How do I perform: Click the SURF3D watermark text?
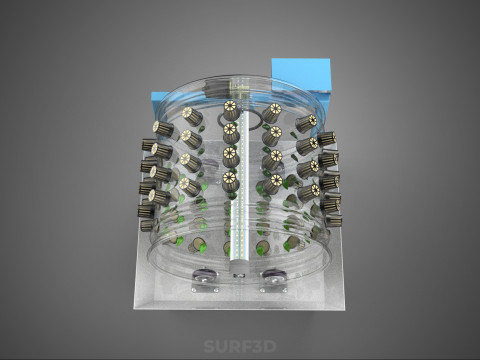point(240,346)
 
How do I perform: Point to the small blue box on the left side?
point(159,106)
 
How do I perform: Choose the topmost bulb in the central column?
point(231,110)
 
